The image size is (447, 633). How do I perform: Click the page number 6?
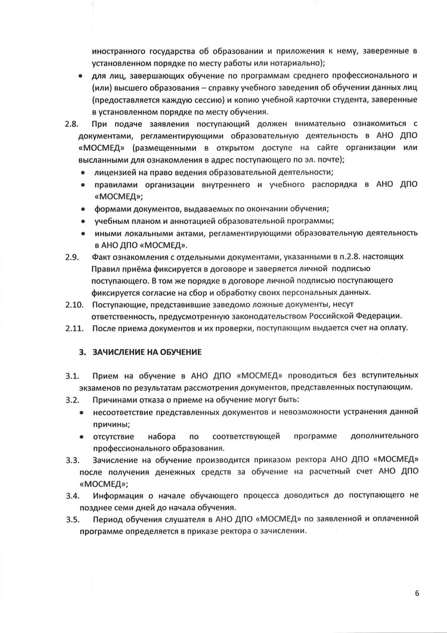417,593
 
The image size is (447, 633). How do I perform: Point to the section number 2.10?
73,304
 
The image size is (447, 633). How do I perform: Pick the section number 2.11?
73,328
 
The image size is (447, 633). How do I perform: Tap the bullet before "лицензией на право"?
83,172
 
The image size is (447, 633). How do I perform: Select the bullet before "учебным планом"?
83,220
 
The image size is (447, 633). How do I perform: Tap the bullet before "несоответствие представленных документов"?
83,411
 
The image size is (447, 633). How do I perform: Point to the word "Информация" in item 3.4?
119,495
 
